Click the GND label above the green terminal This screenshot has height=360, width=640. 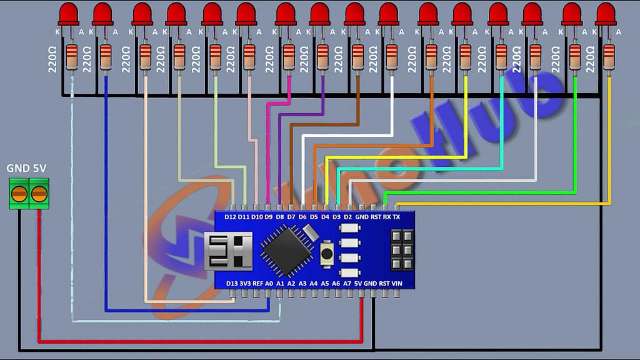point(15,168)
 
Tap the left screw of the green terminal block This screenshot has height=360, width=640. point(19,193)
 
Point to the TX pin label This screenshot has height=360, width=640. point(396,217)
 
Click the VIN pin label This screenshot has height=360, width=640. point(396,283)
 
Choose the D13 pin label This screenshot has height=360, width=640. point(231,283)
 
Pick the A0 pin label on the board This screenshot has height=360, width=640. point(269,283)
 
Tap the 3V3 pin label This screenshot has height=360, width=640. point(244,283)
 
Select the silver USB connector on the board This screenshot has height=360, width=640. point(228,251)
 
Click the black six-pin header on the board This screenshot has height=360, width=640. point(401,250)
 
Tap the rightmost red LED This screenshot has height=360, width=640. point(606,14)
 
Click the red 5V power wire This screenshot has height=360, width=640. point(187,341)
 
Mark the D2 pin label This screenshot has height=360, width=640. point(348,217)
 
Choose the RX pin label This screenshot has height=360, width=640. point(386,217)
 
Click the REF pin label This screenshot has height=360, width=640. point(257,283)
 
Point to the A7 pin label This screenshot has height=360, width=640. point(347,283)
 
